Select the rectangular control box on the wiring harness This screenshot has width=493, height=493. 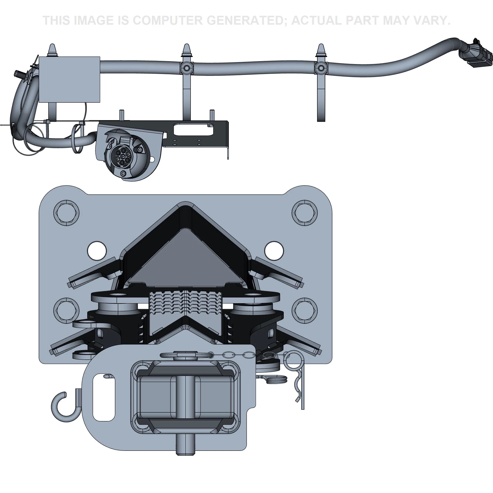[x=69, y=79]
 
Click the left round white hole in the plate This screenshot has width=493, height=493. [x=97, y=251]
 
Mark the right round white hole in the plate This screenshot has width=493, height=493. [x=274, y=251]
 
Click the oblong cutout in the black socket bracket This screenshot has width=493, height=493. [x=194, y=129]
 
